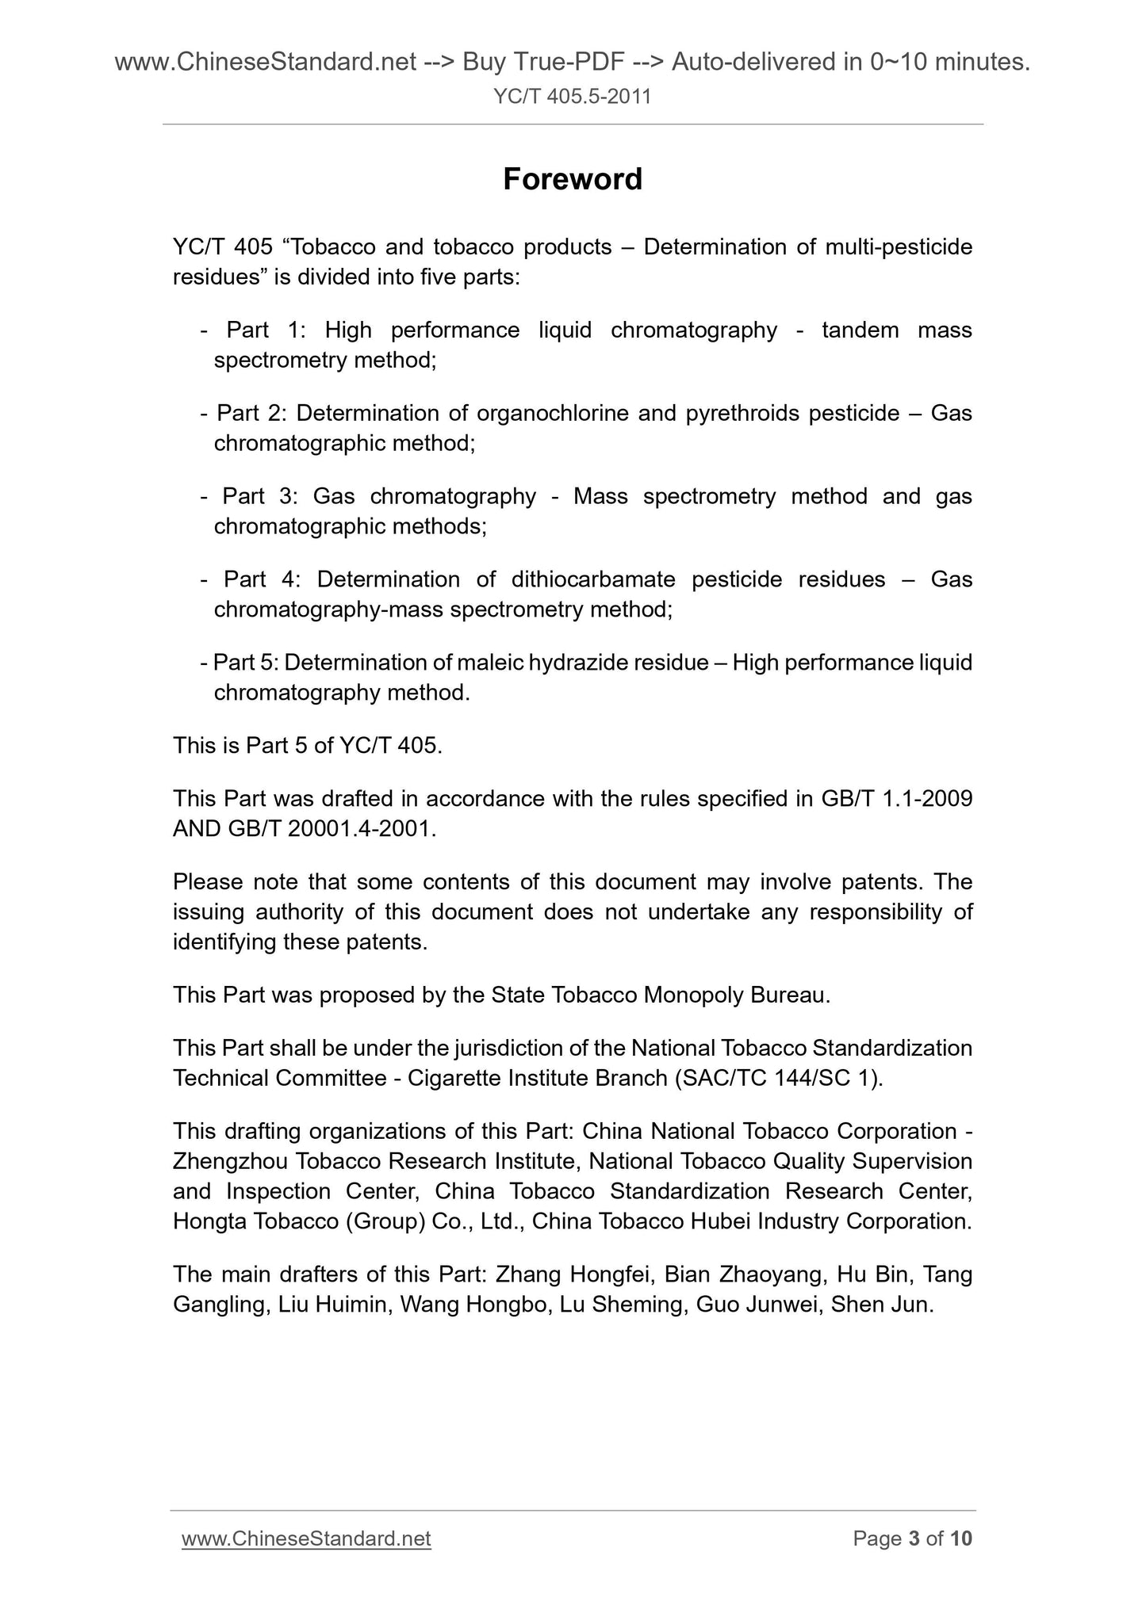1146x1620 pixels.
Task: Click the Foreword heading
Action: click(x=572, y=180)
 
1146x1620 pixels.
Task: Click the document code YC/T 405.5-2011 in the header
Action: click(x=572, y=97)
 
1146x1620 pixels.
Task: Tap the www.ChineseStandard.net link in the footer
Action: click(x=306, y=1538)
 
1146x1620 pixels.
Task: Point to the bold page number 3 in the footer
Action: click(x=914, y=1538)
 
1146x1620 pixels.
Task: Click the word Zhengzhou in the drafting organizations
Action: click(x=230, y=1161)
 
